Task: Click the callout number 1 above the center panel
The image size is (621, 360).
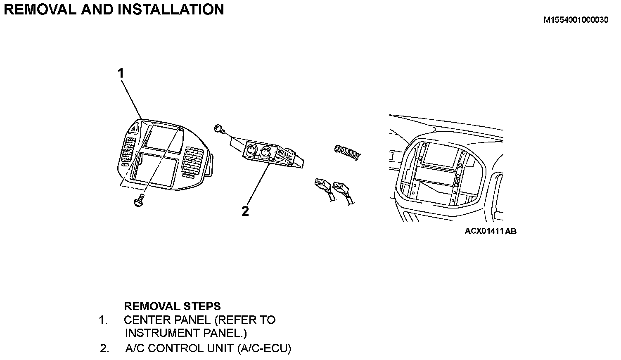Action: click(121, 73)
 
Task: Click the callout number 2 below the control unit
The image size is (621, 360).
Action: click(245, 211)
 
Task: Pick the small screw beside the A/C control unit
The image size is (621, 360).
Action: click(219, 129)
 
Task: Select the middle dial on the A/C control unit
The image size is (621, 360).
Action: click(263, 151)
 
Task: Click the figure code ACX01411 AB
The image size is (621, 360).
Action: click(491, 231)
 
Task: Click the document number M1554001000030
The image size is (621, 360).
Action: click(576, 19)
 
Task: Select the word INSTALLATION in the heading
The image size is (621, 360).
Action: click(171, 9)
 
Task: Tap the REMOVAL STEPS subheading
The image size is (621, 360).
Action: click(172, 306)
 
